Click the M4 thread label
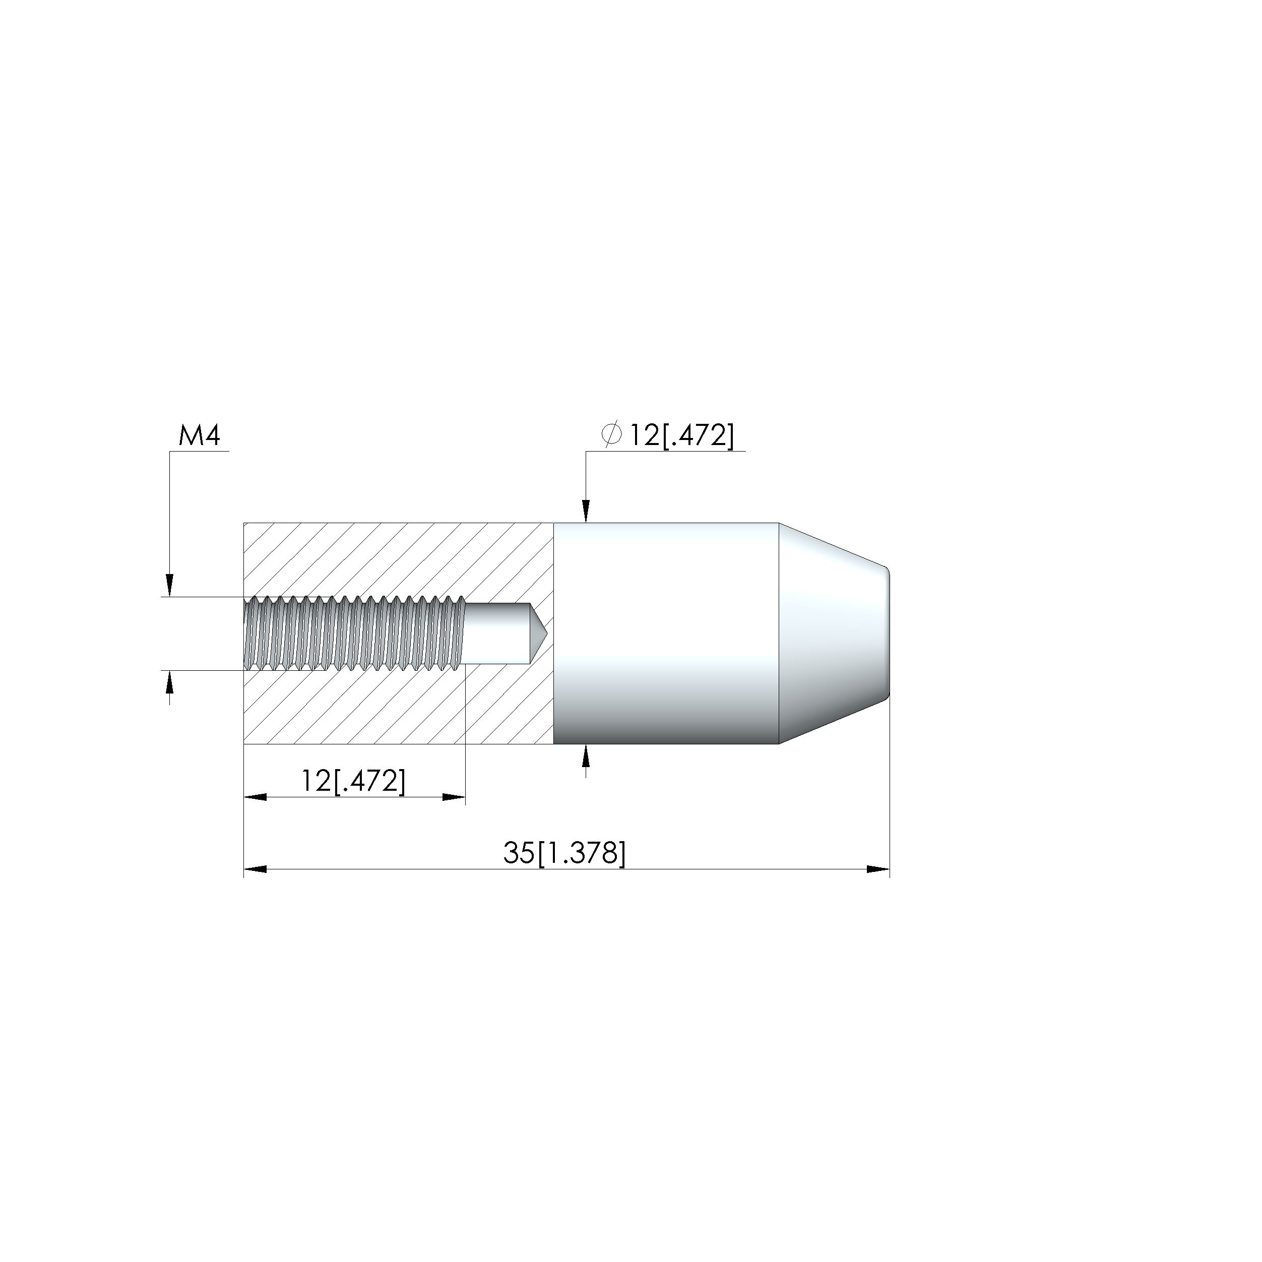(199, 436)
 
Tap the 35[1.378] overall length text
(564, 853)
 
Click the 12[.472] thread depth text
(353, 781)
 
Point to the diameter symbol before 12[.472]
(611, 435)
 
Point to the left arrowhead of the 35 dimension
(255, 869)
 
